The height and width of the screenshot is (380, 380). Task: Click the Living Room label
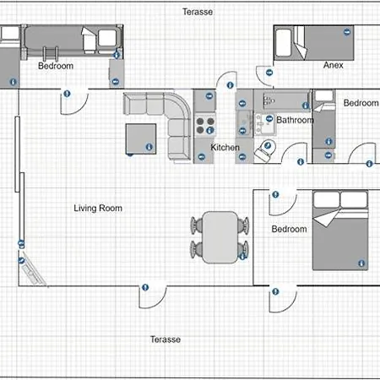pyautogui.click(x=98, y=209)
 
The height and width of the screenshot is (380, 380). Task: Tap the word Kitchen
pyautogui.click(x=225, y=147)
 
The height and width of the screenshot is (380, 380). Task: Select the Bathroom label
pyautogui.click(x=295, y=120)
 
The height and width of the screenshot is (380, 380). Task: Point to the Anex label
pyautogui.click(x=334, y=65)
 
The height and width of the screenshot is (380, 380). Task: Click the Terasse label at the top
pyautogui.click(x=198, y=12)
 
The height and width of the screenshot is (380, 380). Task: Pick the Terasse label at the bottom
pyautogui.click(x=166, y=339)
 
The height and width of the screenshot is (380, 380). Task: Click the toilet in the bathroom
pyautogui.click(x=265, y=151)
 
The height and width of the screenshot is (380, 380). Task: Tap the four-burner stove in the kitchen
pyautogui.click(x=205, y=126)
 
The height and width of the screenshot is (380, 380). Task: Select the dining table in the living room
pyautogui.click(x=220, y=237)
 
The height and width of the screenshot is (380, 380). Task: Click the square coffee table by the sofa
pyautogui.click(x=141, y=138)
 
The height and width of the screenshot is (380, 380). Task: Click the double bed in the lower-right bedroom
pyautogui.click(x=340, y=231)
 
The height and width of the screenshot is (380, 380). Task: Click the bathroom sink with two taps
pyautogui.click(x=264, y=124)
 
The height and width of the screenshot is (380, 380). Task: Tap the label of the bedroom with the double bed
pyautogui.click(x=289, y=229)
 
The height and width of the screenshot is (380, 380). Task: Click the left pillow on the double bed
pyautogui.click(x=326, y=199)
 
